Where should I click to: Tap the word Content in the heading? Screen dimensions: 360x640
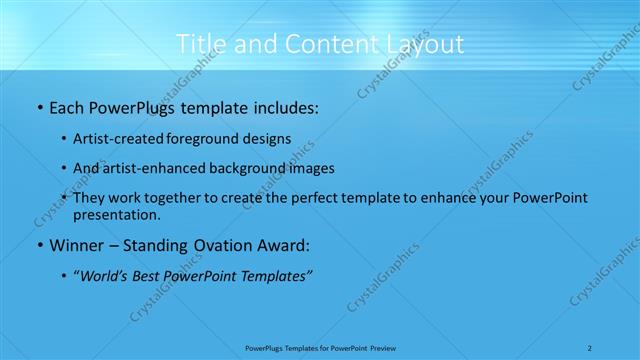322,44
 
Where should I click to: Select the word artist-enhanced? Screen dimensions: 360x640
158,169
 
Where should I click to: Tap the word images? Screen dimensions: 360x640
312,169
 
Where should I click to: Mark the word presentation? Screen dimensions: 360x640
116,214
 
